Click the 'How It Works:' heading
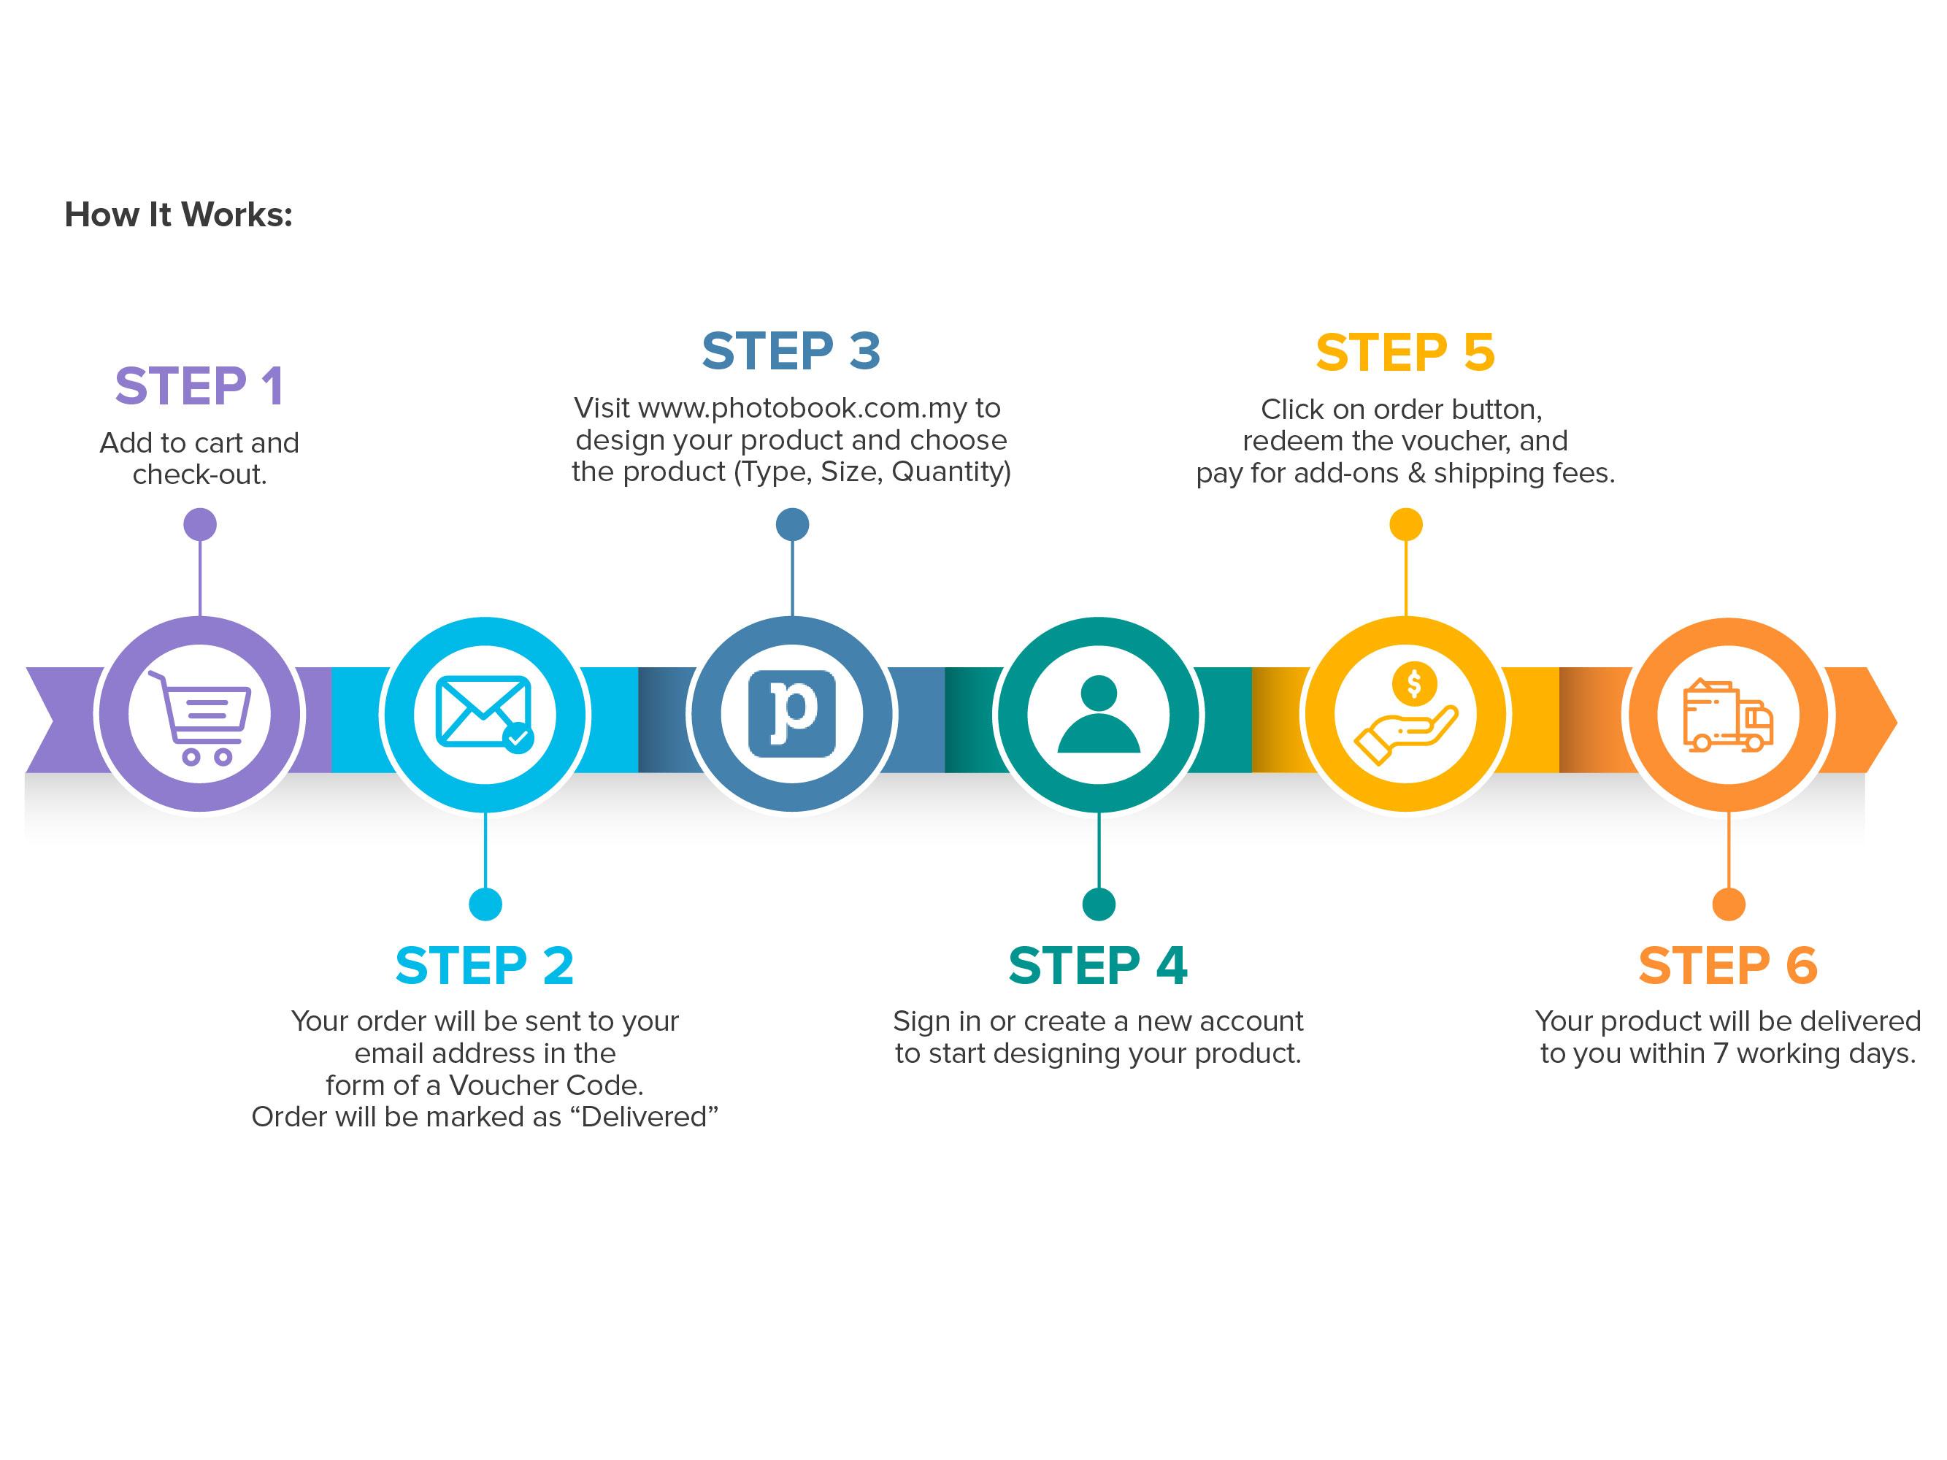(178, 215)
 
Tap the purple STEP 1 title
(200, 385)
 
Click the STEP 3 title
(791, 351)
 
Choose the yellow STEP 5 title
(1405, 353)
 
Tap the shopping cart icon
(200, 718)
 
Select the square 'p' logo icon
(791, 714)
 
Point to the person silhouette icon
(1099, 714)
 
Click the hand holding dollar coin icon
(1405, 714)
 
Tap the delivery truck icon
(1728, 715)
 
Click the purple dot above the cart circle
(200, 525)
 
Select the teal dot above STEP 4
(1099, 904)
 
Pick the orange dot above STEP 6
(1729, 904)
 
